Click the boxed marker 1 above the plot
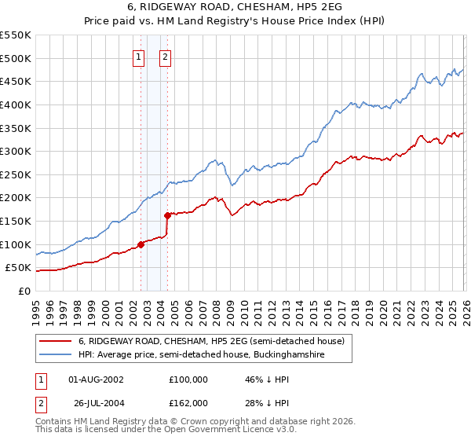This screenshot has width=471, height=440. pyautogui.click(x=139, y=57)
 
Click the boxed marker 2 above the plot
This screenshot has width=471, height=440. pyautogui.click(x=166, y=57)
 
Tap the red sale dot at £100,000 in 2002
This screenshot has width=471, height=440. pyautogui.click(x=141, y=244)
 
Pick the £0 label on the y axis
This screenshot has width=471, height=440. pyautogui.click(x=24, y=291)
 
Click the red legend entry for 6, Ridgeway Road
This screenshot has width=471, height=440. pyautogui.click(x=210, y=342)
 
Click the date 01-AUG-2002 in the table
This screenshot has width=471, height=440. pyautogui.click(x=96, y=379)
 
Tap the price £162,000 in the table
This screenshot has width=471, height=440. pyautogui.click(x=188, y=403)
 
